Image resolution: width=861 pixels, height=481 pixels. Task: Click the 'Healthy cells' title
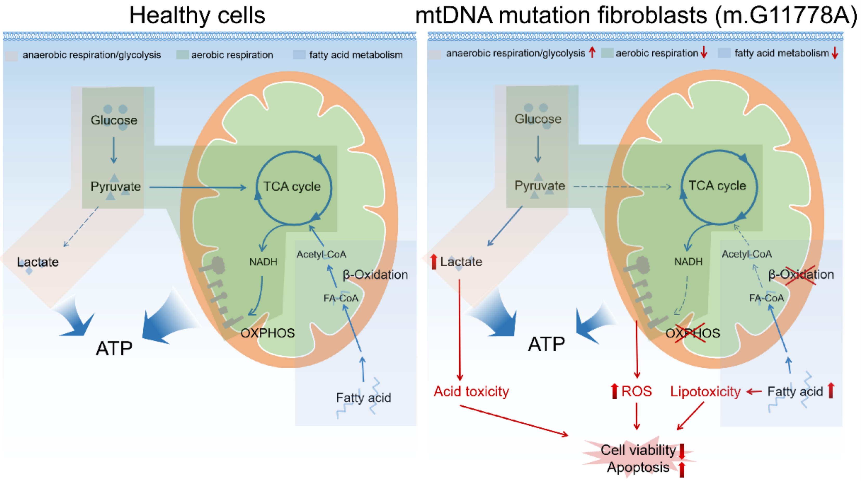pos(197,15)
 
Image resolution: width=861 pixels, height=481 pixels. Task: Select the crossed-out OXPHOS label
pos(692,333)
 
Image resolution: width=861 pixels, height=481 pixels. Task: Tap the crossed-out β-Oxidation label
pos(801,275)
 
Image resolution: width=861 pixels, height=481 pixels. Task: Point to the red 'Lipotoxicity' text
pos(705,392)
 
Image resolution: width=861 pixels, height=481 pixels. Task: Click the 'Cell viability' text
pos(638,450)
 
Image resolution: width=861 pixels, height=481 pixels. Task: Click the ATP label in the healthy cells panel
pos(114,348)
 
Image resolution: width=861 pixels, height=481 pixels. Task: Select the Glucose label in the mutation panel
pos(538,119)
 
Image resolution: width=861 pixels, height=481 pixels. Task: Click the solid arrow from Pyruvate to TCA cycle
pos(197,187)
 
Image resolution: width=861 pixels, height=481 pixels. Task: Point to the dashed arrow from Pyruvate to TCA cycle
pos(622,186)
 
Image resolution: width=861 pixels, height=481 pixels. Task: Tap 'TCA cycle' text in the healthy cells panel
pos(292,186)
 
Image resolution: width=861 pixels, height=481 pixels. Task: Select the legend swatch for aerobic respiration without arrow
pos(183,55)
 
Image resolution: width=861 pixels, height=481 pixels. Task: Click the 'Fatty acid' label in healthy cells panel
pos(363,398)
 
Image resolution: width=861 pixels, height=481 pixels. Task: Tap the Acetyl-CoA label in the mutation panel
pos(747,254)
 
